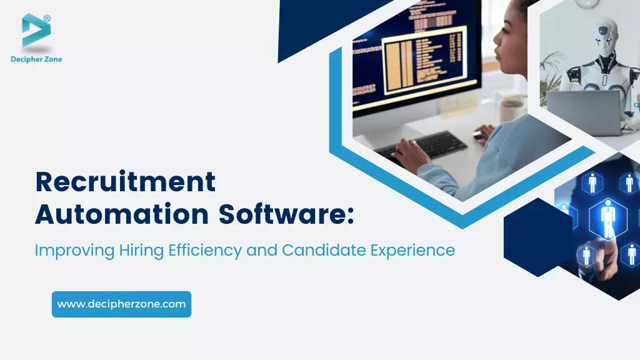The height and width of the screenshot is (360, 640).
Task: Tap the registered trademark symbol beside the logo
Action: pos(47,18)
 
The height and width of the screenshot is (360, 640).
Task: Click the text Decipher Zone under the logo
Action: pos(36,59)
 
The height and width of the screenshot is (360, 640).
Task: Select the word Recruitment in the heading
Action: pos(125,182)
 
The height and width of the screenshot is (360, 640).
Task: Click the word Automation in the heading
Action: pos(121,214)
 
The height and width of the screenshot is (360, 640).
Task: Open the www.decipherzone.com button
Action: pos(121,304)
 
